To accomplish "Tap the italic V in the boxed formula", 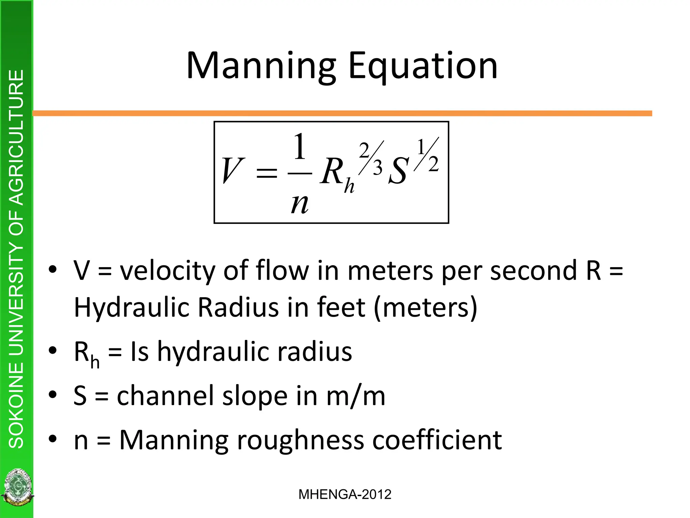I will coord(232,171).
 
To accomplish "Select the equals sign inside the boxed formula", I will coord(266,173).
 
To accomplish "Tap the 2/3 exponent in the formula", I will coord(371,158).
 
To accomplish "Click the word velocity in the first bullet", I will coord(167,271).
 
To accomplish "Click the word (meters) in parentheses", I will coord(426,307).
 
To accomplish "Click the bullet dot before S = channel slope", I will coord(53,394).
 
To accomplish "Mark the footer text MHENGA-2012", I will coord(345,494).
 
